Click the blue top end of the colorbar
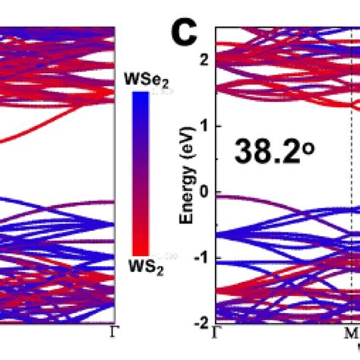(140, 97)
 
